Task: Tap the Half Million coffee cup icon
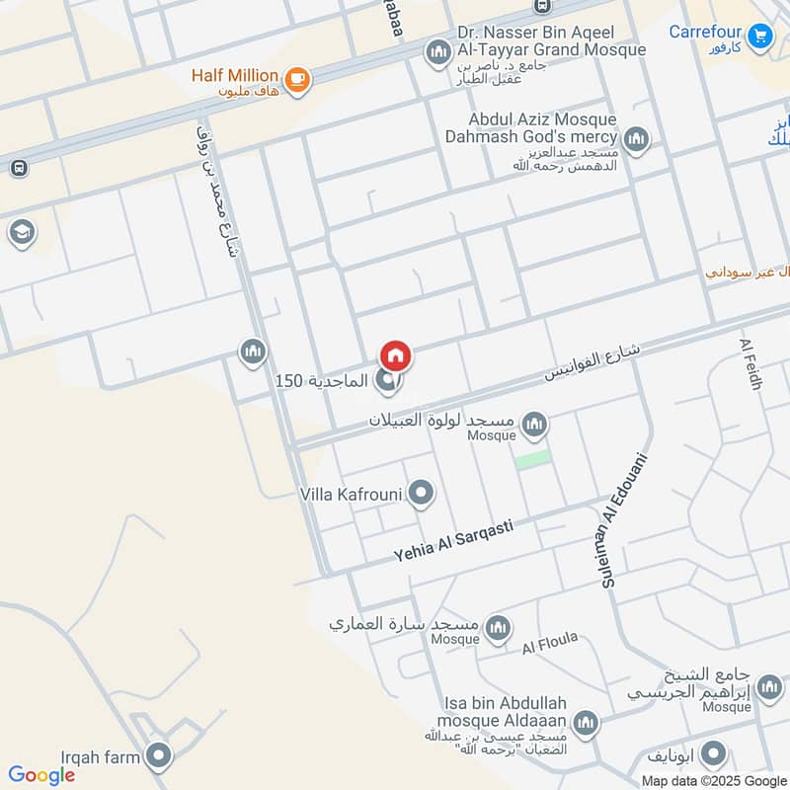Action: (x=295, y=77)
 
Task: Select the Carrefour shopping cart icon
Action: (x=758, y=37)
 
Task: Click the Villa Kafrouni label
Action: (x=352, y=492)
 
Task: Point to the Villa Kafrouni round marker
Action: (x=422, y=492)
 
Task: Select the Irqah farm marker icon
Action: (x=157, y=757)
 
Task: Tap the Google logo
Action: (x=41, y=775)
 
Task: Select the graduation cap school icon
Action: (x=20, y=233)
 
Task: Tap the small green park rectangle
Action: (x=532, y=459)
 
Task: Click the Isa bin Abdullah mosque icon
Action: (x=586, y=724)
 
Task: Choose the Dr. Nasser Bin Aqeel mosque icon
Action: (x=436, y=51)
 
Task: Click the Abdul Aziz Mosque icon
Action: (x=637, y=139)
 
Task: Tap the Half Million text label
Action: (x=235, y=75)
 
